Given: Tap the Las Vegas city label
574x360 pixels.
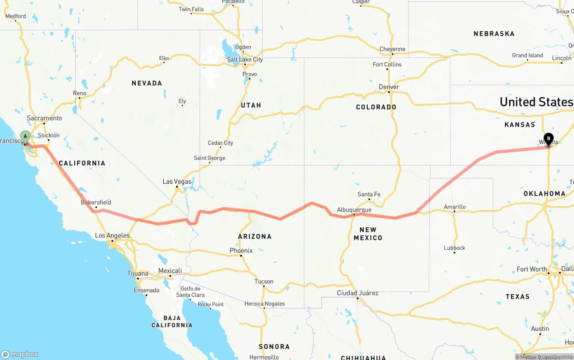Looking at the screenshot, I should pyautogui.click(x=177, y=182).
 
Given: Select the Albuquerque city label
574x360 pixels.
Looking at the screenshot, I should pyautogui.click(x=354, y=210).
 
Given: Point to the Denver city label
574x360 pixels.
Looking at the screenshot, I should pyautogui.click(x=388, y=87).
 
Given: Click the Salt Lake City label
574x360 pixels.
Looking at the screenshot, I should pyautogui.click(x=244, y=60).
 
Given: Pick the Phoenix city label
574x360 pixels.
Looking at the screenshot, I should pyautogui.click(x=241, y=251).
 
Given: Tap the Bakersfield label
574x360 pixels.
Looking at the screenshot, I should pyautogui.click(x=96, y=202).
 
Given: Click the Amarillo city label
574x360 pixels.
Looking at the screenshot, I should pyautogui.click(x=454, y=207).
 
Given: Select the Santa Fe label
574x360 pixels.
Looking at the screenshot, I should pyautogui.click(x=369, y=194).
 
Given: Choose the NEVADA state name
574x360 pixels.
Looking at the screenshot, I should pyautogui.click(x=147, y=83).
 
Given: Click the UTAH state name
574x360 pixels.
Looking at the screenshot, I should pyautogui.click(x=251, y=105).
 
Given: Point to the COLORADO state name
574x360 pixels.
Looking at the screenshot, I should pyautogui.click(x=376, y=107).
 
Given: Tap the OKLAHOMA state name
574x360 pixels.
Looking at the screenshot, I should pyautogui.click(x=544, y=194).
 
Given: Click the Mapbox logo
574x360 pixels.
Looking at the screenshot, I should pyautogui.click(x=20, y=354).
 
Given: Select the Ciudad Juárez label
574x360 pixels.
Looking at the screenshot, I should pyautogui.click(x=357, y=293).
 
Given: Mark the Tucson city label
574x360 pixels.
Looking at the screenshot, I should pyautogui.click(x=264, y=282).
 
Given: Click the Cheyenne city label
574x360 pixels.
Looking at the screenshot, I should pyautogui.click(x=392, y=49).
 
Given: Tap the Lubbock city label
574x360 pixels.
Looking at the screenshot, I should pyautogui.click(x=454, y=248).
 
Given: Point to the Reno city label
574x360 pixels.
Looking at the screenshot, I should pyautogui.click(x=79, y=93).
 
